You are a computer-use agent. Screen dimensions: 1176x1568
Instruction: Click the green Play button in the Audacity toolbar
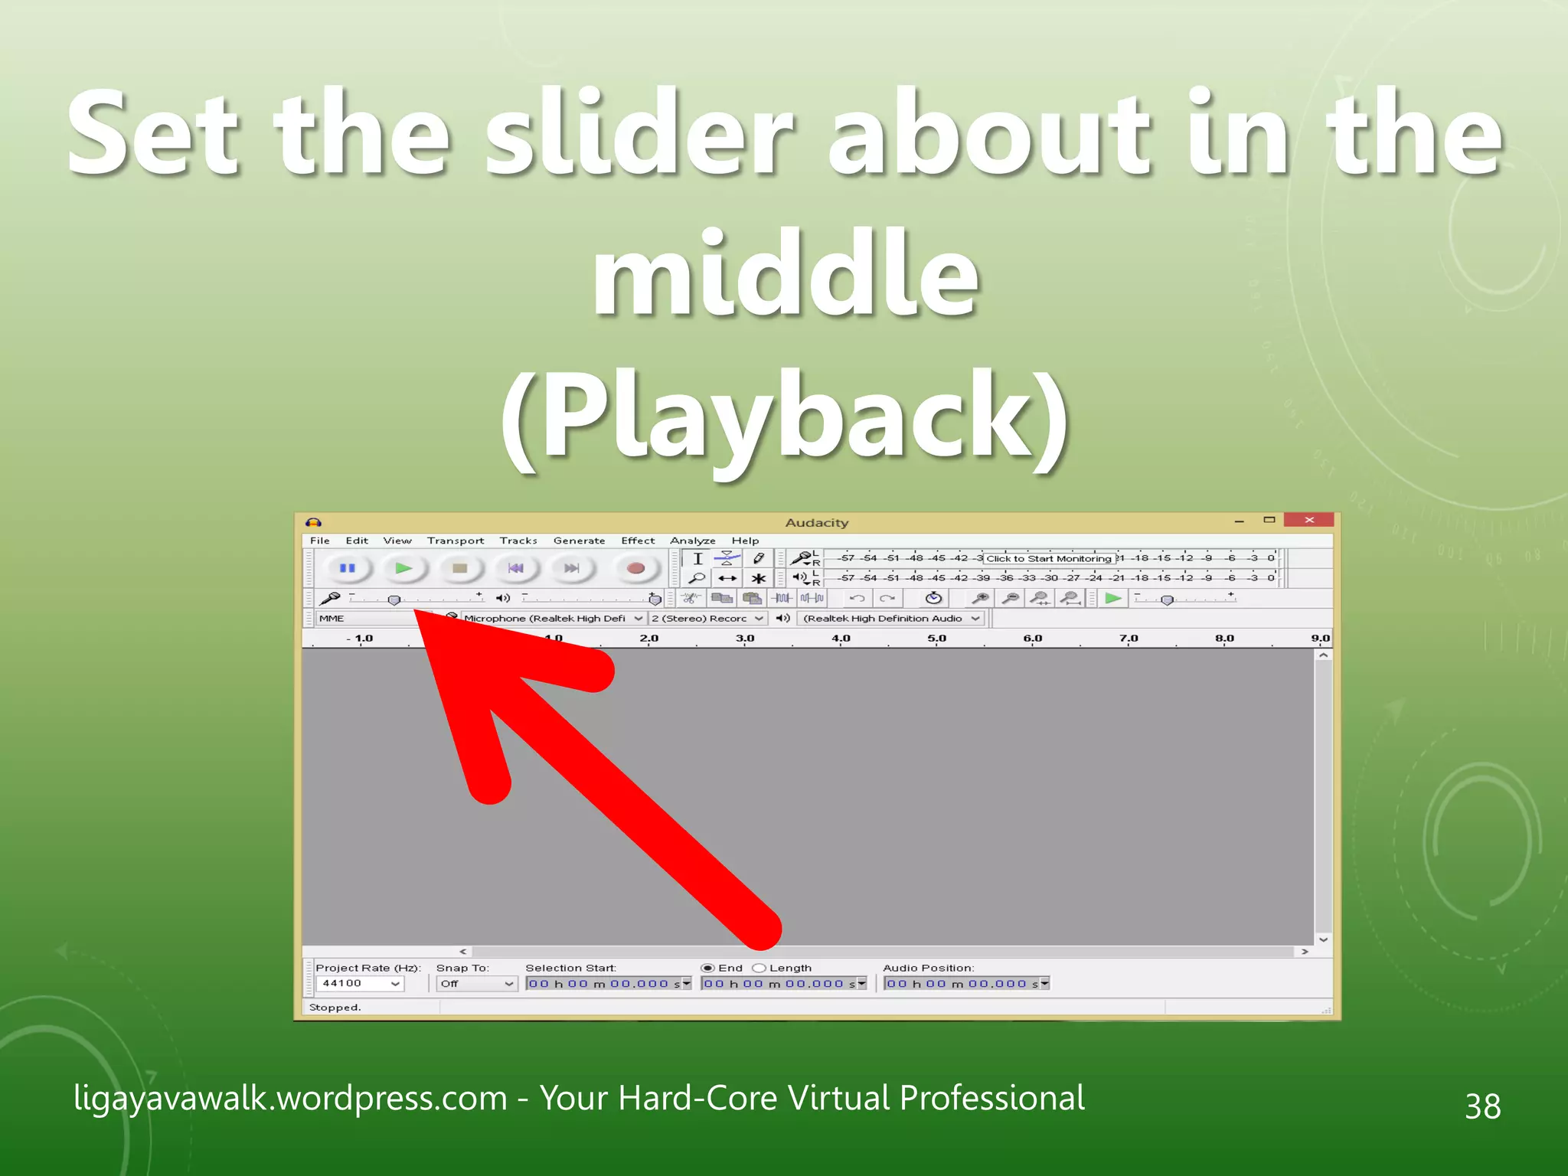(403, 568)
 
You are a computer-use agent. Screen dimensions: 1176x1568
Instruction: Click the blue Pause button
(347, 568)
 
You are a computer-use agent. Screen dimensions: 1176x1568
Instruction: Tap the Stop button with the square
(459, 568)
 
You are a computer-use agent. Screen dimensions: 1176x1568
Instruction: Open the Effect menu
(637, 541)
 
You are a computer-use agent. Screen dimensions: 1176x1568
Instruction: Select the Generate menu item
(579, 541)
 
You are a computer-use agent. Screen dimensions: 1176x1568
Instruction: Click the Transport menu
(456, 541)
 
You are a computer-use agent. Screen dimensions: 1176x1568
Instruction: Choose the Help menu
(745, 541)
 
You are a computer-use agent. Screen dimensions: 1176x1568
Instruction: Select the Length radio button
(759, 968)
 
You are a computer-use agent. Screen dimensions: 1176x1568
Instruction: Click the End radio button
(707, 968)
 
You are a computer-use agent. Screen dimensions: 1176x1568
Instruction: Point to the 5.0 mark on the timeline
(936, 639)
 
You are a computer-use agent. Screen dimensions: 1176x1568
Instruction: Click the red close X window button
(1309, 520)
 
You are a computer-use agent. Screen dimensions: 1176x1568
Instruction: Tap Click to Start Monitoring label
(1048, 558)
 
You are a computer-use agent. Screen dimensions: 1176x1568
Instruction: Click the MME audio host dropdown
(367, 619)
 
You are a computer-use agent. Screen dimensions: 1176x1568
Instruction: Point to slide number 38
(1482, 1106)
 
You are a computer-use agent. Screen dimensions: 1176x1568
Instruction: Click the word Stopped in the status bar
(335, 1008)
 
